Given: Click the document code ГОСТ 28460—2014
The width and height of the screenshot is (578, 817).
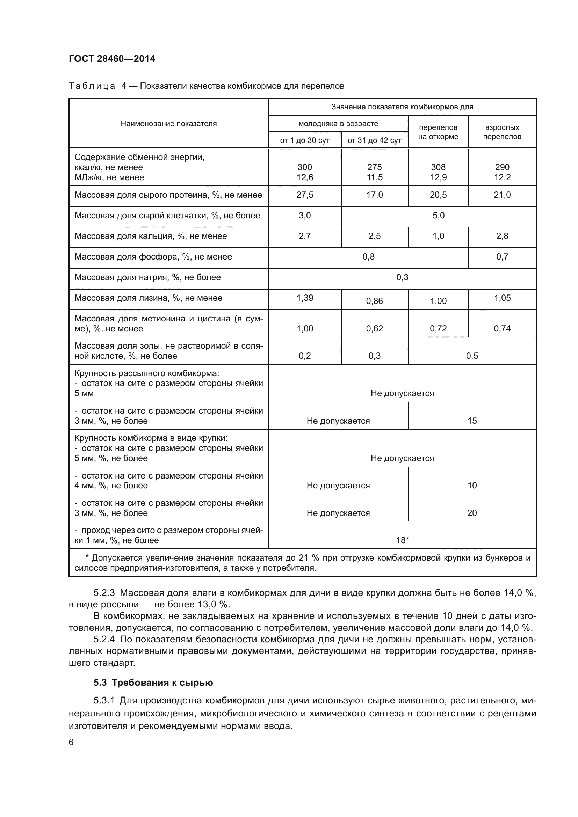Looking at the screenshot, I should point(112,59).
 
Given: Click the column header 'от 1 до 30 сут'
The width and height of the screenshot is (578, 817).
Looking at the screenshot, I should point(305,140).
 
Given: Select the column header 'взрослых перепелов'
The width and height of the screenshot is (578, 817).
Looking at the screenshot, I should point(502,132).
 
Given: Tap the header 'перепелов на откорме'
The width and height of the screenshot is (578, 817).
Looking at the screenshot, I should point(438,132).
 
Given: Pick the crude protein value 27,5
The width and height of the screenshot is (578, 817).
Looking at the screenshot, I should point(305,195).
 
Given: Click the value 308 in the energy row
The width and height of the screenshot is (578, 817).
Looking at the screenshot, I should point(438,167).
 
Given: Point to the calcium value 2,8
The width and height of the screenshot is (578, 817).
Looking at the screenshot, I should point(502,236).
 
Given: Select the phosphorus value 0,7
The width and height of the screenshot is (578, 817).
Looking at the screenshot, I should point(502,257).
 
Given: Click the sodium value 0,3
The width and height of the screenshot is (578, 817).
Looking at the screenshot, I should point(402,278).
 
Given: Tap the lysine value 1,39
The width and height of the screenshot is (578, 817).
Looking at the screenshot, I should point(305,298).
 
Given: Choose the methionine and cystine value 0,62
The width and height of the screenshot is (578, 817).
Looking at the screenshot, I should point(374,329).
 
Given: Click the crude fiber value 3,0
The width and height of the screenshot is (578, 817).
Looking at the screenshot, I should point(305,216).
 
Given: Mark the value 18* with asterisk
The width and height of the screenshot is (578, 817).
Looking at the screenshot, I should point(402,540).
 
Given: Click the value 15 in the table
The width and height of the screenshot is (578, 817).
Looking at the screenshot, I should point(472,421).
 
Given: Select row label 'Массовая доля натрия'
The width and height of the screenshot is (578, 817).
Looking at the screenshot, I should point(147,278).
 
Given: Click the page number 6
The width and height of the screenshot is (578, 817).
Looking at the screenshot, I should point(71,742).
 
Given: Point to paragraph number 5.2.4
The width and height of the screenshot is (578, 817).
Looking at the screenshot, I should point(104,640).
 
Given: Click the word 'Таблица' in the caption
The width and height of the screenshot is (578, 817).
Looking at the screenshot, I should point(92,86).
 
